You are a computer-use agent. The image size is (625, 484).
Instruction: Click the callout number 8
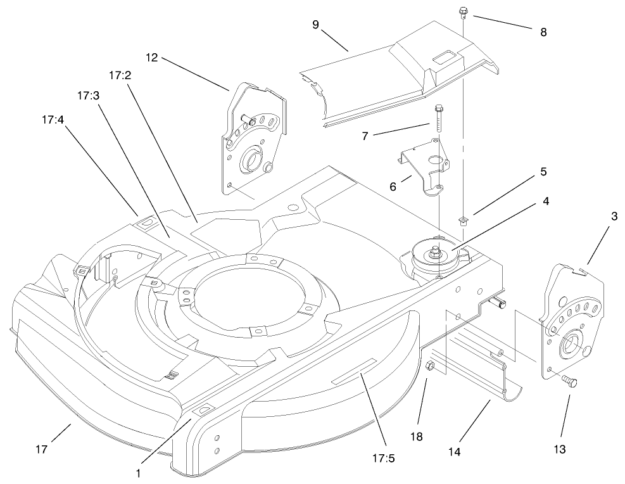pos(543,32)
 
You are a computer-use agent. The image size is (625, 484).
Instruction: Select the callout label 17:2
pos(120,75)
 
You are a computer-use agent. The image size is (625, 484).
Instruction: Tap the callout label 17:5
pos(384,458)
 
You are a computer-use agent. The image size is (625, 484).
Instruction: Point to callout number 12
pos(152,58)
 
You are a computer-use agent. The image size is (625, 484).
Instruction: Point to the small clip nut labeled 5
pos(462,220)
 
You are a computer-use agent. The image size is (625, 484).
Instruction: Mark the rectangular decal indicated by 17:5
pos(354,371)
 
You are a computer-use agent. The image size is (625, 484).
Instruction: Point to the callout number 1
pos(138,474)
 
